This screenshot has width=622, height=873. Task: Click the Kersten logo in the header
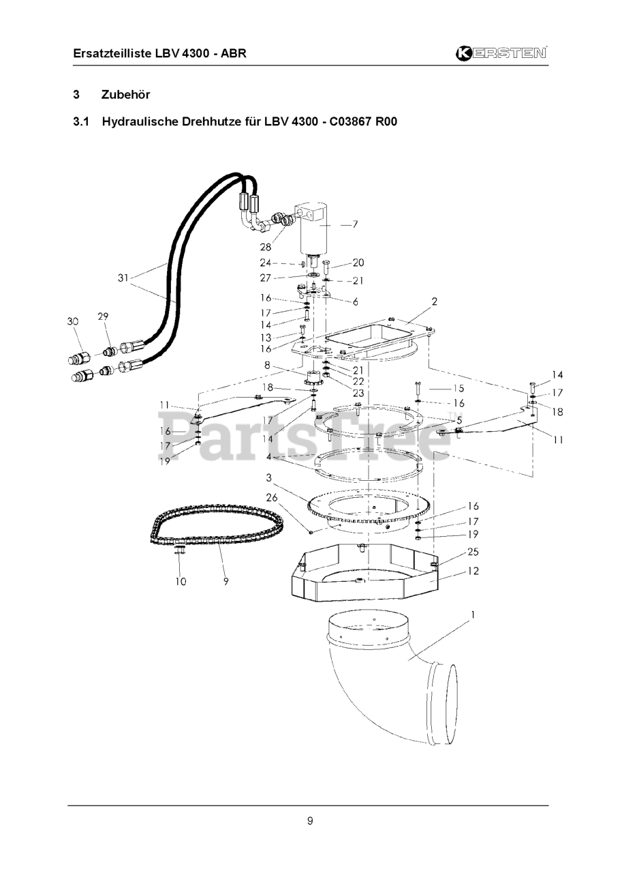tap(502, 53)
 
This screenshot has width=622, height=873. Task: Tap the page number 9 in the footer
tap(310, 820)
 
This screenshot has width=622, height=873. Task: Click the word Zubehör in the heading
tap(125, 94)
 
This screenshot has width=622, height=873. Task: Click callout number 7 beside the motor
tap(354, 224)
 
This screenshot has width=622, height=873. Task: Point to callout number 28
tap(265, 247)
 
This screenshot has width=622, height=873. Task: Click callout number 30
tap(73, 322)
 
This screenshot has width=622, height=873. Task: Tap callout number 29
tap(103, 316)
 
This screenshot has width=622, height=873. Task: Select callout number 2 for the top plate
tap(434, 301)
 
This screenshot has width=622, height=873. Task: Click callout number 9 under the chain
tap(226, 582)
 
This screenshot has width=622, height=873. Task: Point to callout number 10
tap(181, 582)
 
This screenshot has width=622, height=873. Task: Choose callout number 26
tap(272, 498)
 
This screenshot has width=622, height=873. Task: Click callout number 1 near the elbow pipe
tap(472, 615)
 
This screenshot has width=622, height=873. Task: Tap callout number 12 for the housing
tap(472, 571)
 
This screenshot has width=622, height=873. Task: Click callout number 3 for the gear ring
tap(269, 477)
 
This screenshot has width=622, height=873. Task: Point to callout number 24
tap(265, 263)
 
